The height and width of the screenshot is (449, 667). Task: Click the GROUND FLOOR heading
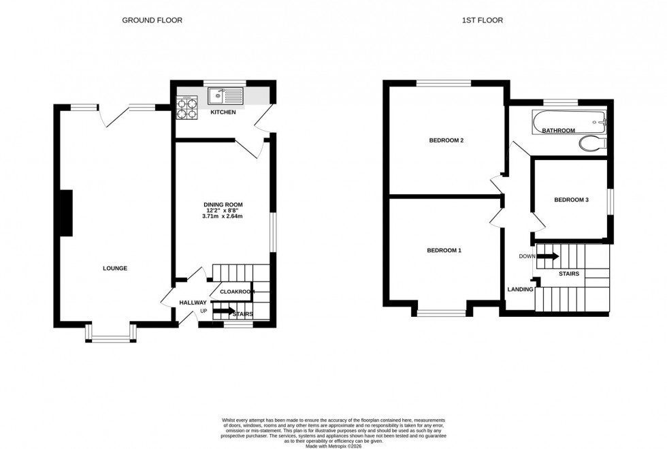[152, 20]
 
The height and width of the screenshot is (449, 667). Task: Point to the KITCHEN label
[223, 112]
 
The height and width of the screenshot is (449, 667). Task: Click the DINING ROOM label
[223, 204]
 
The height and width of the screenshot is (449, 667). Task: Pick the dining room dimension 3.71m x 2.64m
[223, 217]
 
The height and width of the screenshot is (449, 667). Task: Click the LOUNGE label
[115, 268]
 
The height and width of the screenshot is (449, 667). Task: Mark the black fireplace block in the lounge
[67, 213]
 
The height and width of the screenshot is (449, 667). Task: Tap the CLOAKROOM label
[237, 292]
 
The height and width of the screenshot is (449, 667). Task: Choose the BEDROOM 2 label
[446, 141]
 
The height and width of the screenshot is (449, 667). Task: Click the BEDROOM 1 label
[444, 251]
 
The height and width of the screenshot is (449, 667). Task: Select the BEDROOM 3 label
[570, 200]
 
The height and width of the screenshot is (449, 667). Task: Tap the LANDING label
[520, 290]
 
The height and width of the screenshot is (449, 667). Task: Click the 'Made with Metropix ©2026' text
[333, 446]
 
